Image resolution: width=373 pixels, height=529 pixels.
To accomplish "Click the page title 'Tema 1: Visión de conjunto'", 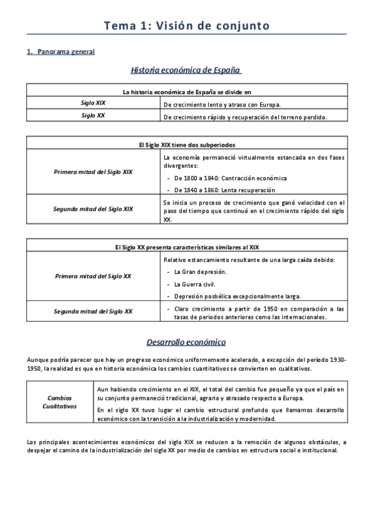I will point(186,26).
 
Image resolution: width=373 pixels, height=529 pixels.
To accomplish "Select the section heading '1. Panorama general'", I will point(61,52).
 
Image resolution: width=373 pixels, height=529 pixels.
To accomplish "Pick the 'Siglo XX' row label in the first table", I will point(93,115).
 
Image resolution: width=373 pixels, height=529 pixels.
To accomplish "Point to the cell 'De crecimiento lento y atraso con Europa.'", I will point(222,104).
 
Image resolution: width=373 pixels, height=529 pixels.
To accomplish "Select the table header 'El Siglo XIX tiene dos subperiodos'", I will point(186,144).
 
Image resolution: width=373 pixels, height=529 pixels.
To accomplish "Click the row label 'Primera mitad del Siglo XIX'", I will point(93,171).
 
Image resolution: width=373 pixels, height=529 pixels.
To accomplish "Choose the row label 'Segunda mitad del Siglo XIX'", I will point(93,209).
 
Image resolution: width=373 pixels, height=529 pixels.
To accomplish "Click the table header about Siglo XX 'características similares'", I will point(186,247).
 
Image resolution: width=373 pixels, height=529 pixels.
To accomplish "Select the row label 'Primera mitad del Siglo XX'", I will point(93,276).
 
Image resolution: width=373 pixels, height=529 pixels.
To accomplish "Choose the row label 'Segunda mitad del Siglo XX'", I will point(93,311).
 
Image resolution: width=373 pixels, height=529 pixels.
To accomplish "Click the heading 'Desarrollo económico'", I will point(186,342).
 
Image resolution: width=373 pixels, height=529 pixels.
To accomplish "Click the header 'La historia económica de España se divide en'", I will point(186,92).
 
